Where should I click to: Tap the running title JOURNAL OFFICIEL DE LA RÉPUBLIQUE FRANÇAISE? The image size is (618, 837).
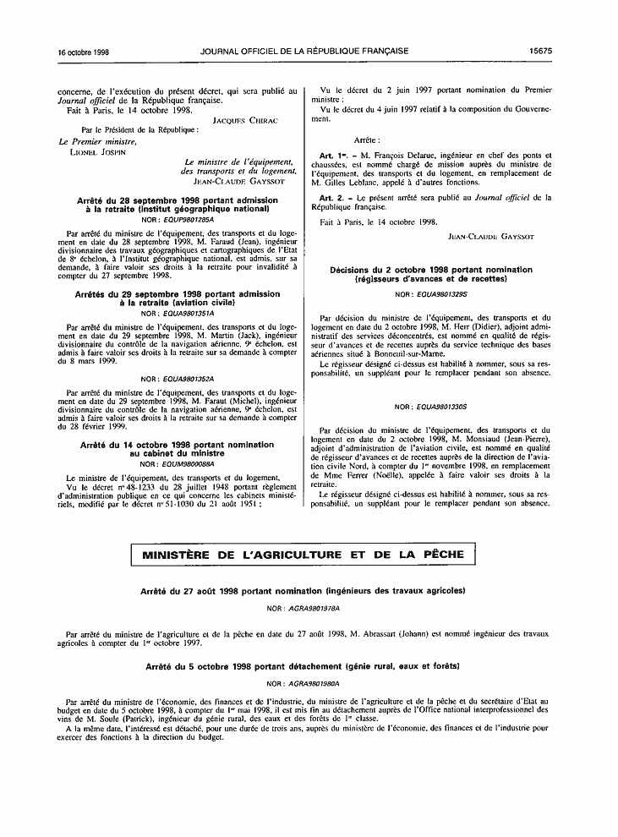304,52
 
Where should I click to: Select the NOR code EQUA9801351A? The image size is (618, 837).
178,313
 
